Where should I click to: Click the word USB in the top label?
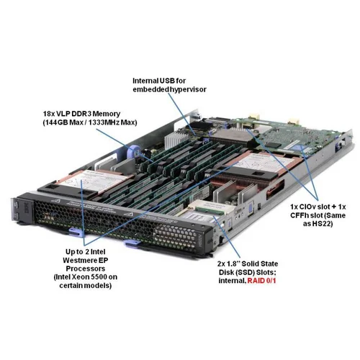[176, 79]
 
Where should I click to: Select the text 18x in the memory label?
[50, 114]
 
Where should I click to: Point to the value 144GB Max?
[66, 122]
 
